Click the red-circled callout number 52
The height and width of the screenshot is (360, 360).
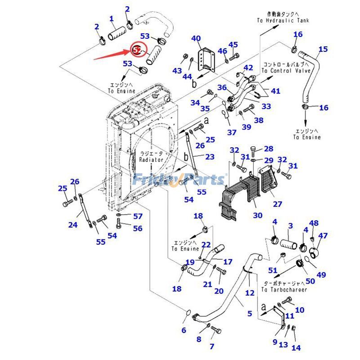137,49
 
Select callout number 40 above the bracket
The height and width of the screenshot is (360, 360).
196,38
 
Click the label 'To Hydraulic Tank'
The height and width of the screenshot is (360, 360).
283,21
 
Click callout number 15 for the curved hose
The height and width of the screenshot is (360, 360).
323,49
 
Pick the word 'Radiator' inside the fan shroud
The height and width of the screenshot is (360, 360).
150,160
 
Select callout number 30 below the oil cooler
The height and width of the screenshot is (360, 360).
257,216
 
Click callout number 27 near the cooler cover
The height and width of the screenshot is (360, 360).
277,204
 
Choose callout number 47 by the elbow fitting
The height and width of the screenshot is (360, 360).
323,235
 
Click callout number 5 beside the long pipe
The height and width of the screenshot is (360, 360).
250,314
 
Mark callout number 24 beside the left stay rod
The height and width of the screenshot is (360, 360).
72,225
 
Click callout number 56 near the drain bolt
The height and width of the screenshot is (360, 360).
137,229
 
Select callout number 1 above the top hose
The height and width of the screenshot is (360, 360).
111,19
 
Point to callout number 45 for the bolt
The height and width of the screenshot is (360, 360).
233,45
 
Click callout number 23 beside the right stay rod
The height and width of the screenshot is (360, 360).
210,157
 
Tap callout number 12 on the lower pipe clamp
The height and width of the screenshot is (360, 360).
250,293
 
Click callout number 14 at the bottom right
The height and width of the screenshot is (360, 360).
296,348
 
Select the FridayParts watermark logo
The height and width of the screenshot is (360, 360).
179,180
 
